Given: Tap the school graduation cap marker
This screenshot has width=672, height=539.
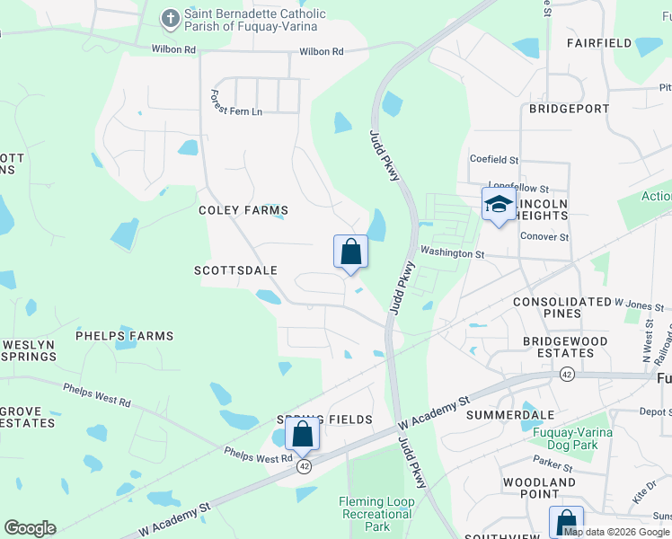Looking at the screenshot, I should tap(499, 205).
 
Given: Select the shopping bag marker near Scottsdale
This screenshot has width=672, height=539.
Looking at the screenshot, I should tap(350, 252).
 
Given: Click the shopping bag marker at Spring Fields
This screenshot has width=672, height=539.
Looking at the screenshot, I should tap(303, 435).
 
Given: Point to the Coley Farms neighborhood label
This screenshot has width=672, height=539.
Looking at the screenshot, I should tap(243, 210).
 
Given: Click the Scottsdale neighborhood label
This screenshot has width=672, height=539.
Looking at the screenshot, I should tap(235, 270).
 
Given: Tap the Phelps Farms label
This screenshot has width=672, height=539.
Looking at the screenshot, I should tap(124, 336).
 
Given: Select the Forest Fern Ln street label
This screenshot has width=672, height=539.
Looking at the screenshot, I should tap(236, 102).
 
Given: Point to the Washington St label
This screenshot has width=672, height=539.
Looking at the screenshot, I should tap(452, 254).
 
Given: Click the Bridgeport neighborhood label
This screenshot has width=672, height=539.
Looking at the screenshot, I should tap(569, 109).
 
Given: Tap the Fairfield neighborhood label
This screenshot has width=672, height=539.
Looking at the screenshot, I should tap(599, 42).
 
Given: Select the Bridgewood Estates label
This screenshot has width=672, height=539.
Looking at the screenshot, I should tap(565, 347).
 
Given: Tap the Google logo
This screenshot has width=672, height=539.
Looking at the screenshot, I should tap(30, 528).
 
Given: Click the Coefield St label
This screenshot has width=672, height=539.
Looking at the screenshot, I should tap(494, 159).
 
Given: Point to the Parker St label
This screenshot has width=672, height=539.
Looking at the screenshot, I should tap(553, 467).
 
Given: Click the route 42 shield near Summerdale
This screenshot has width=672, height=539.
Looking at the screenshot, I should tap(567, 373).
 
